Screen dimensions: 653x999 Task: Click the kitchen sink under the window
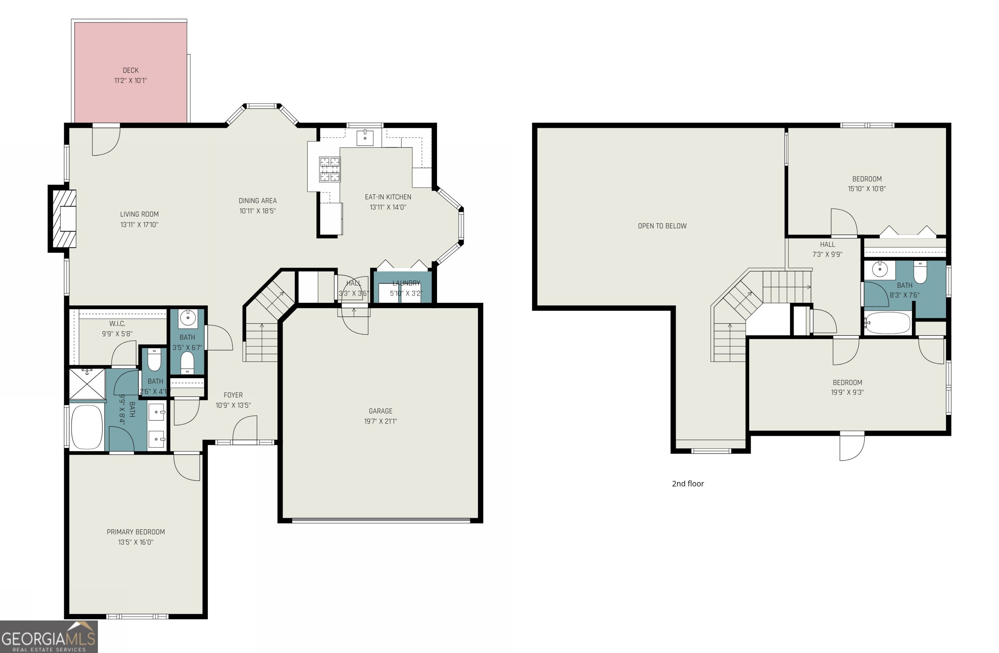point(365,137)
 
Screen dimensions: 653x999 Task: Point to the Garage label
point(380,411)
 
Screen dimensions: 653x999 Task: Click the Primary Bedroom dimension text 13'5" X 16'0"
point(136,542)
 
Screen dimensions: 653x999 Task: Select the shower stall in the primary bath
point(87,384)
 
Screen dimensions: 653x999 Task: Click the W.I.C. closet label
point(117,324)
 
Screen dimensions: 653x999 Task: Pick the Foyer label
point(233,395)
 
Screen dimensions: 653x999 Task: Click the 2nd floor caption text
point(687,484)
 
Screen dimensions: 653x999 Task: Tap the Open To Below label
point(662,226)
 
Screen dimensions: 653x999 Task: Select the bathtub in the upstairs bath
point(887,323)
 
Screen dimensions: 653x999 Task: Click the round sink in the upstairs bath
point(879,269)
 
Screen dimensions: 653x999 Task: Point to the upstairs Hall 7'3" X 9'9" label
point(827,249)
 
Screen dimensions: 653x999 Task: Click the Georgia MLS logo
point(49,637)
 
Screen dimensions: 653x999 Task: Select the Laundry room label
point(406,283)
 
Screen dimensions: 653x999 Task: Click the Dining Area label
point(257,201)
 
